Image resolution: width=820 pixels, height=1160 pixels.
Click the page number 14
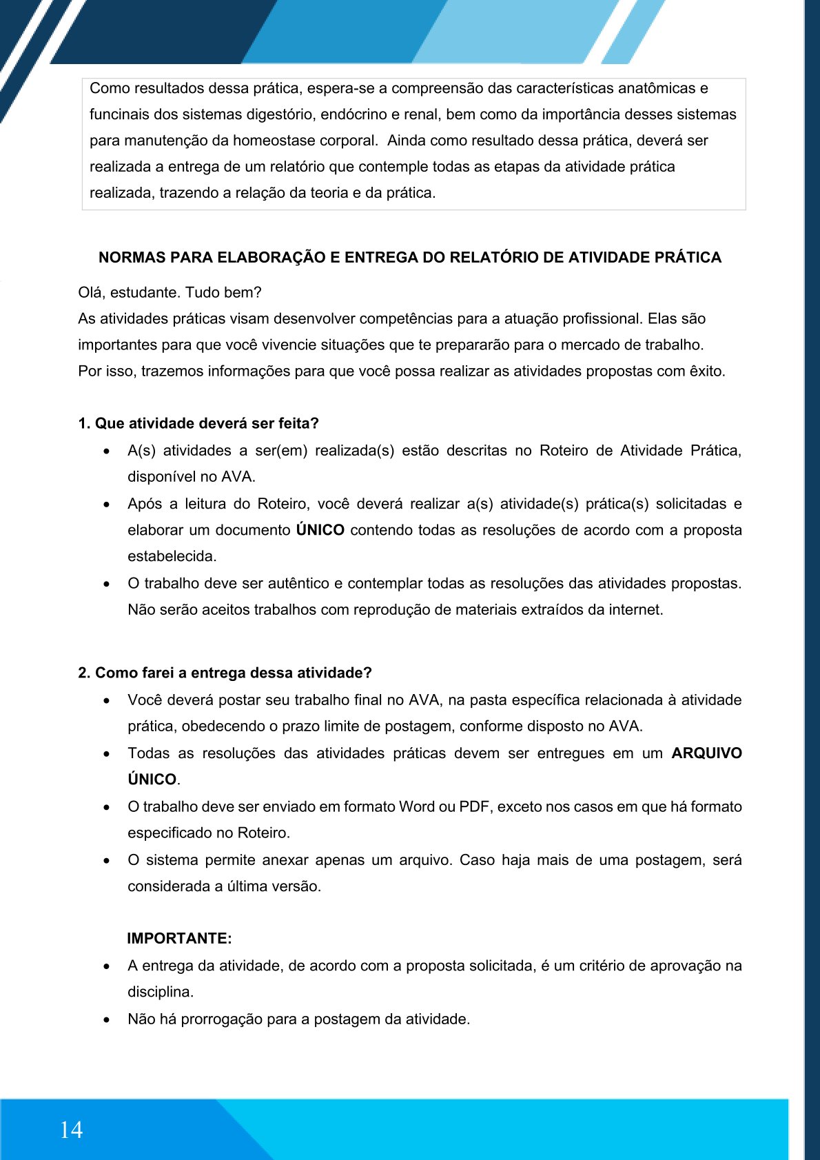point(71,1130)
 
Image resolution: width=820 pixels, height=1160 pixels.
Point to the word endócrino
point(351,114)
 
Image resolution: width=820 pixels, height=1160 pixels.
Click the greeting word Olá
point(92,292)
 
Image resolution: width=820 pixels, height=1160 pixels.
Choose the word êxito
point(707,371)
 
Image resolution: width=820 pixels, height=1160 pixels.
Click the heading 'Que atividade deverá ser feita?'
point(207,423)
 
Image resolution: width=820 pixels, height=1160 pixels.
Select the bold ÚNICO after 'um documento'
point(320,530)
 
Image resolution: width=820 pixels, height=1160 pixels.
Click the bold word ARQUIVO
point(706,753)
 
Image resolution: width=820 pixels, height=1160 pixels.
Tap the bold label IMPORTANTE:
point(179,939)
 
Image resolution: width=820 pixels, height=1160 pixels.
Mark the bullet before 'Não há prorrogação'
point(106,1019)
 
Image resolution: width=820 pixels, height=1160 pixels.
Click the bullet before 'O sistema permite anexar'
point(106,861)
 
